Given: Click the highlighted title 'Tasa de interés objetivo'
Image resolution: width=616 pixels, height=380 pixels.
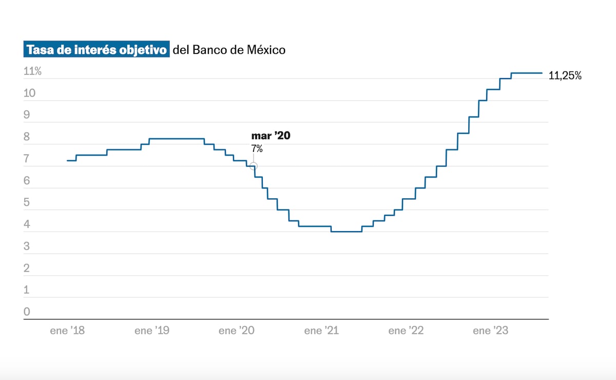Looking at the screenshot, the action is pyautogui.click(x=97, y=49).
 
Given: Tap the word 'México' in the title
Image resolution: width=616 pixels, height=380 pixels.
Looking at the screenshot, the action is pyautogui.click(x=266, y=50).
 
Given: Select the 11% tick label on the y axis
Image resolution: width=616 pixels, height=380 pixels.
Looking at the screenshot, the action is pyautogui.click(x=32, y=71).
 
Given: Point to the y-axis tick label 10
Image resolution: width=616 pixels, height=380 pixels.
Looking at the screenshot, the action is pyautogui.click(x=29, y=93).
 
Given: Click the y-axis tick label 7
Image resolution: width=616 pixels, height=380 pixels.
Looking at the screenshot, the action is pyautogui.click(x=26, y=159).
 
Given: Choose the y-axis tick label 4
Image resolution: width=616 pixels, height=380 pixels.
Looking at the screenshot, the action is pyautogui.click(x=27, y=224).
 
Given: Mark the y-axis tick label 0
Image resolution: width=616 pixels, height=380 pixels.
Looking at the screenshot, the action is pyautogui.click(x=27, y=312).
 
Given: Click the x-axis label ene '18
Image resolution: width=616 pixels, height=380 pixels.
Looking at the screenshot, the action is pyautogui.click(x=67, y=331).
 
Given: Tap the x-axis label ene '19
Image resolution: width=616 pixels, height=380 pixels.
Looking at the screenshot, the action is pyautogui.click(x=152, y=331).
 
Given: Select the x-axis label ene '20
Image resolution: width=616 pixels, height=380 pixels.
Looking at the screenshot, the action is pyautogui.click(x=237, y=331).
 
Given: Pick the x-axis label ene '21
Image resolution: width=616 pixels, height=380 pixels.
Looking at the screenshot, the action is pyautogui.click(x=321, y=331).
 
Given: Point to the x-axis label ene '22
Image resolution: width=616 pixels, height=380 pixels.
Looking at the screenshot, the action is pyautogui.click(x=406, y=331).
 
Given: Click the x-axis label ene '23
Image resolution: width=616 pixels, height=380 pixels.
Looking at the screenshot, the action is pyautogui.click(x=491, y=331).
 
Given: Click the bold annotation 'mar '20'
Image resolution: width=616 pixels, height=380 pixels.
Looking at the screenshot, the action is pyautogui.click(x=271, y=136).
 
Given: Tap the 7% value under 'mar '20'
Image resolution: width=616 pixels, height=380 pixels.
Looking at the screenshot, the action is pyautogui.click(x=257, y=148).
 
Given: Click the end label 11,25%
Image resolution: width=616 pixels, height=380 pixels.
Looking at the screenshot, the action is pyautogui.click(x=565, y=75).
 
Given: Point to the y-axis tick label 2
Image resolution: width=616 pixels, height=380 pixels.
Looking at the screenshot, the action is pyautogui.click(x=27, y=268).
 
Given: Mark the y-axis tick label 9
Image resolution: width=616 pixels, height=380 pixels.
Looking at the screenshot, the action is pyautogui.click(x=27, y=115).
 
